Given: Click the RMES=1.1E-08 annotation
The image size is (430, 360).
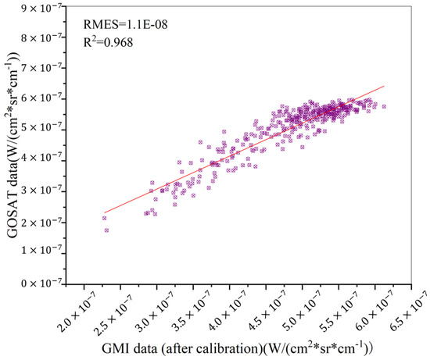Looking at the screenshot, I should pyautogui.click(x=124, y=23).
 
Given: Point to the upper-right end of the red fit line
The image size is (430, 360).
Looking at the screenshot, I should pyautogui.click(x=385, y=86).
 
